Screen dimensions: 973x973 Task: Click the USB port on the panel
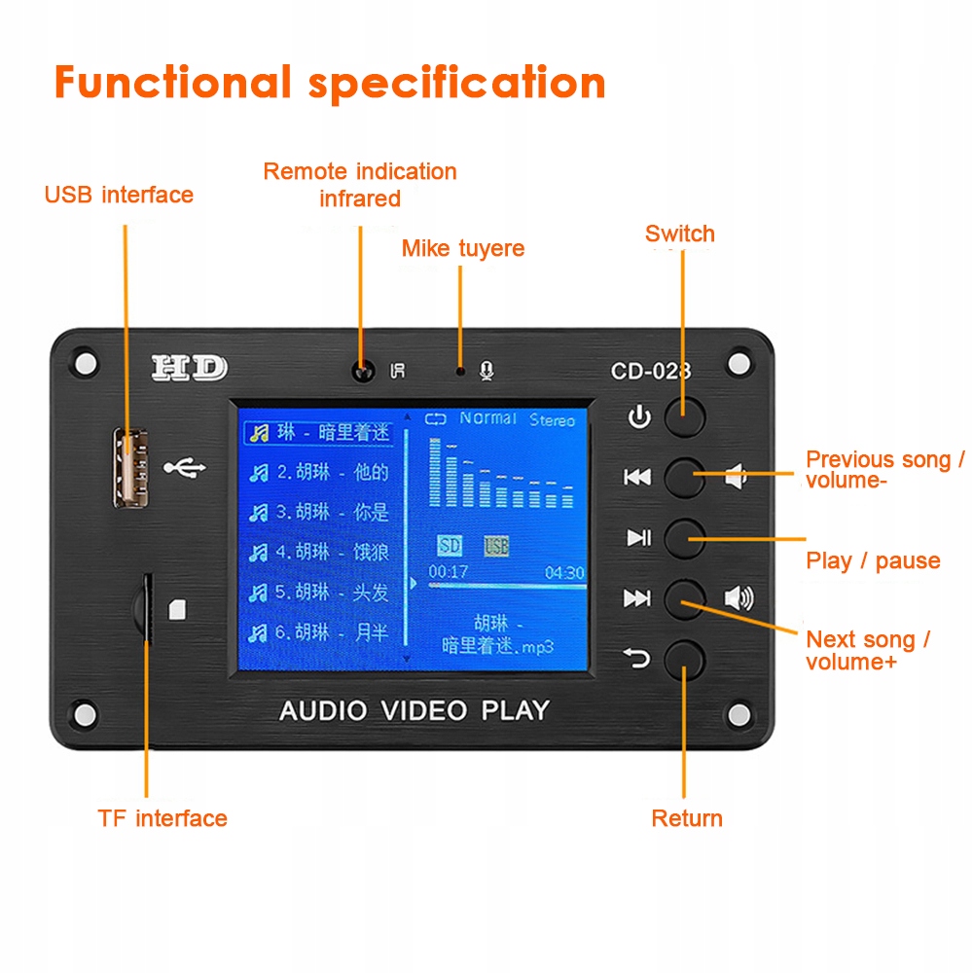(x=126, y=467)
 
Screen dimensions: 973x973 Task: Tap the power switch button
(x=684, y=416)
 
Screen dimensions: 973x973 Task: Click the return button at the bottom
(x=684, y=660)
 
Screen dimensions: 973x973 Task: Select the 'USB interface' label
(x=119, y=195)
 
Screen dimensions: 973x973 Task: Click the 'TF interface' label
(x=162, y=818)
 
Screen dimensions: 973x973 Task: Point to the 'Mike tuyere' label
(x=463, y=248)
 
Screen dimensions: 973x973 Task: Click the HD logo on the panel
(x=189, y=369)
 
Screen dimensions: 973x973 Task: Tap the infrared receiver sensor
(x=364, y=372)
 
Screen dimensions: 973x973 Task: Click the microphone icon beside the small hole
(x=486, y=371)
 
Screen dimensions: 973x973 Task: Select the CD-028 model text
(x=650, y=371)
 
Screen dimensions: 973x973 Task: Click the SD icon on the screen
(x=450, y=546)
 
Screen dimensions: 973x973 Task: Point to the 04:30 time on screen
(x=564, y=573)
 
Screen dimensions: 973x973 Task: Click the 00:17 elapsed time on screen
(x=449, y=572)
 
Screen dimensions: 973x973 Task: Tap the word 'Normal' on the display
(x=487, y=418)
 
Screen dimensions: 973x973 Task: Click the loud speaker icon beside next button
(x=739, y=598)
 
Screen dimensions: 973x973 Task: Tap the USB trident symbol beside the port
(x=185, y=468)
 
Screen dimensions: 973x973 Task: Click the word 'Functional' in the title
(x=172, y=83)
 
